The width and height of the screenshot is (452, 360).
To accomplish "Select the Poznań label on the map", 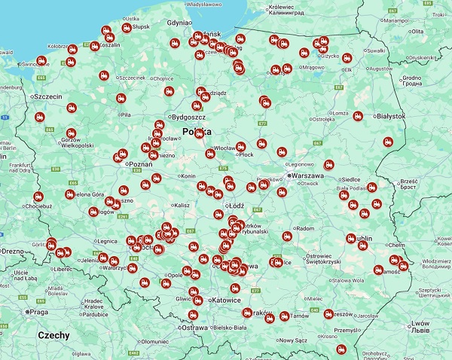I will tap(141, 164).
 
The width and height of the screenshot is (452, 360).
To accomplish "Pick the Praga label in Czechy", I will tap(37, 311).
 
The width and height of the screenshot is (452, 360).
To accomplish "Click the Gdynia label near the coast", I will tap(180, 23).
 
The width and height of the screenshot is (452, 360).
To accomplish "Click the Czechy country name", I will tap(53, 335).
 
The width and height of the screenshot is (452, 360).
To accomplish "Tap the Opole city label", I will tap(175, 276).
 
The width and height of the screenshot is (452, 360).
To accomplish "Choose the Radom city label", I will tap(304, 228).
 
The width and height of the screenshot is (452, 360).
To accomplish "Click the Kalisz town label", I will tap(182, 205).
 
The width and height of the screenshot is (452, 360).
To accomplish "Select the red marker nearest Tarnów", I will tap(285, 316).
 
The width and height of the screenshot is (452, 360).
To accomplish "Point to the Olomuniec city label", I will tap(153, 341).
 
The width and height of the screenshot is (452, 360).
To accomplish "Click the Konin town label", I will tap(188, 176).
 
